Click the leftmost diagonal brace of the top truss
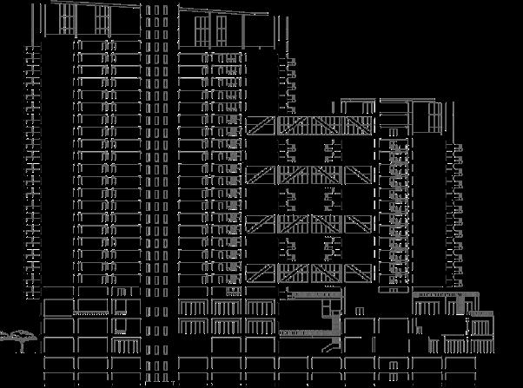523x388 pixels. [x=257, y=127]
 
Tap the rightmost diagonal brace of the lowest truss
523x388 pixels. [x=358, y=274]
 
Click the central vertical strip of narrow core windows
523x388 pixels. [x=156, y=174]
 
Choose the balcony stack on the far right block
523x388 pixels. [x=457, y=217]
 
